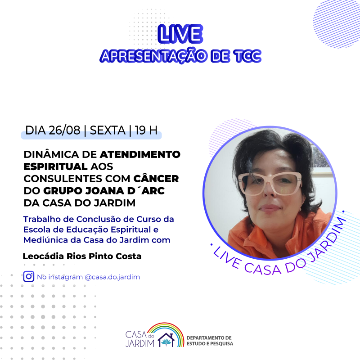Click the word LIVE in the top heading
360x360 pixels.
click(180, 34)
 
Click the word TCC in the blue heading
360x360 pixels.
click(247, 56)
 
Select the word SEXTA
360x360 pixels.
click(108, 130)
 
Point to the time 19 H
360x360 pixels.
click(146, 130)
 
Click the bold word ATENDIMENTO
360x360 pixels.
click(140, 154)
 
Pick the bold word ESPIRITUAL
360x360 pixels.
click(55, 166)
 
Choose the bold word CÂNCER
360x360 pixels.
click(156, 178)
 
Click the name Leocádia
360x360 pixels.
click(43, 256)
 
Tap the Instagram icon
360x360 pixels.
click(29, 276)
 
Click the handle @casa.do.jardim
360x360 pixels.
click(112, 277)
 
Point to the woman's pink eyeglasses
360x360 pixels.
click(270, 183)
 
